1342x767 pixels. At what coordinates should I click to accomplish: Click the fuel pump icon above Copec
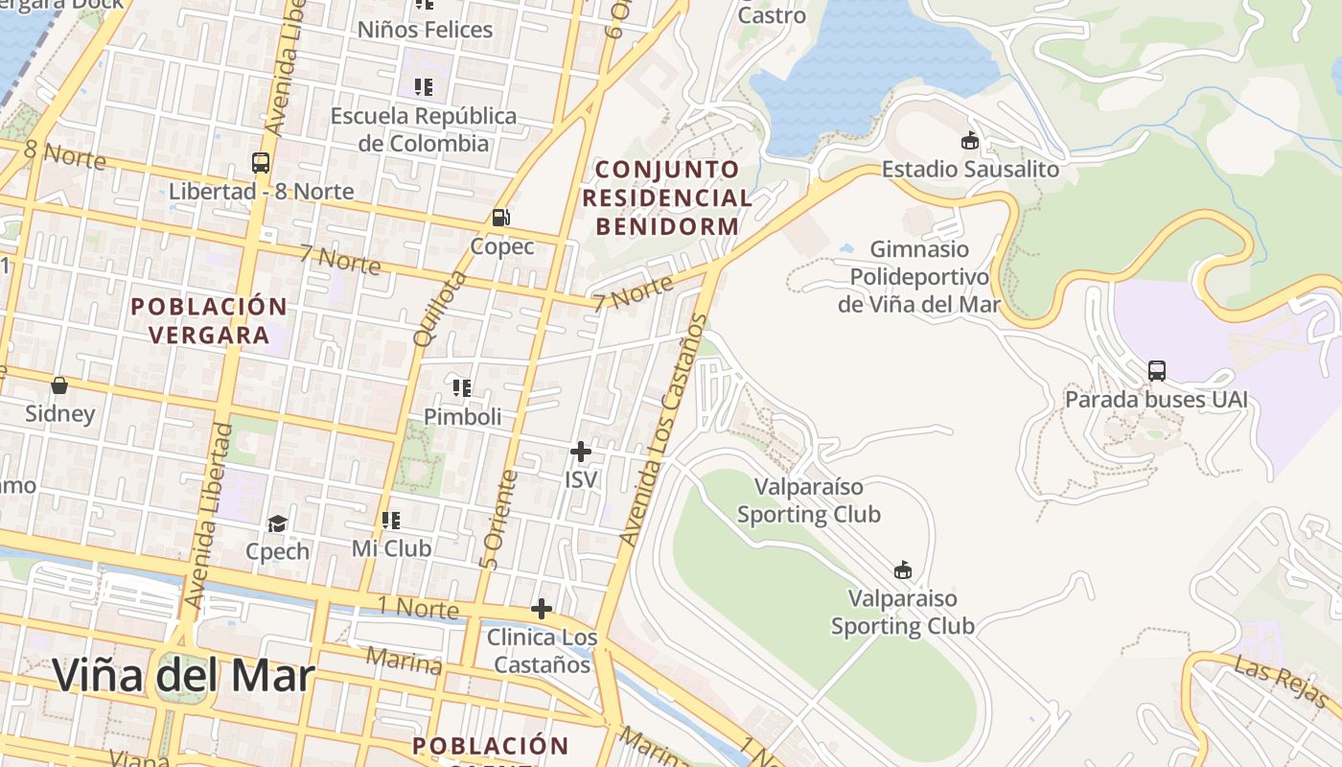500,218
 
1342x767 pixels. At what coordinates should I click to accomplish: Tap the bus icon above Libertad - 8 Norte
261,162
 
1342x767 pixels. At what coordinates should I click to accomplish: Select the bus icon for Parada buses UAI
1157,370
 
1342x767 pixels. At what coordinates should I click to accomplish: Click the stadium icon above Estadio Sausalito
971,141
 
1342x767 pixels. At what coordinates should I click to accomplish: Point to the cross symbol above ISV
580,451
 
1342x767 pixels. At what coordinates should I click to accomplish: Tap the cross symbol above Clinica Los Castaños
542,608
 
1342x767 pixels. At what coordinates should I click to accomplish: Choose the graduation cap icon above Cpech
278,523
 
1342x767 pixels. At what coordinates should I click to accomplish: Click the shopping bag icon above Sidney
59,385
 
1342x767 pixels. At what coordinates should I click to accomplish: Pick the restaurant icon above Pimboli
462,388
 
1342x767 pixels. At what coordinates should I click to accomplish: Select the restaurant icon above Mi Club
391,521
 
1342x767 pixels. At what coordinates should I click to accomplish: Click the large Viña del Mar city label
183,675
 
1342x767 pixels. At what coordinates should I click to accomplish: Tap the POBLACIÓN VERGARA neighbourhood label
209,320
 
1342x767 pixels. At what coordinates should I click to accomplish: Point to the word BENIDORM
668,227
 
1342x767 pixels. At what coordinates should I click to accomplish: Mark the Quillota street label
439,309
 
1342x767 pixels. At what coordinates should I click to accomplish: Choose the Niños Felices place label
425,30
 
